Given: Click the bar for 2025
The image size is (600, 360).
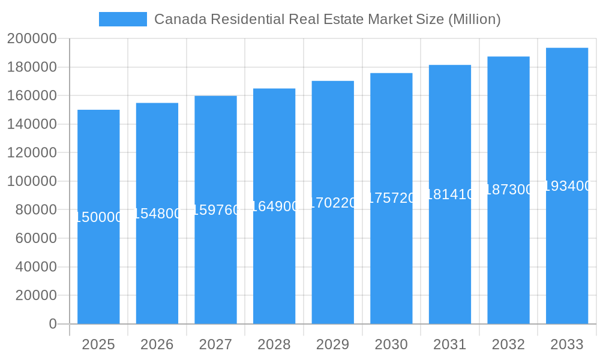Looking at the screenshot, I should click(x=98, y=270).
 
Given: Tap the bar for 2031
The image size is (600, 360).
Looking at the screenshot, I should click(x=450, y=252).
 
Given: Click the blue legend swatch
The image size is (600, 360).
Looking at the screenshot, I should click(x=123, y=19).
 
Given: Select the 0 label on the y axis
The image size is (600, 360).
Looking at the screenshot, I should click(x=52, y=324).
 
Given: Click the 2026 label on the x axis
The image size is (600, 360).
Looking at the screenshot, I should click(x=157, y=344).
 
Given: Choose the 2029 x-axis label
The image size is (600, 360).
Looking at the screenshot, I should click(x=332, y=344).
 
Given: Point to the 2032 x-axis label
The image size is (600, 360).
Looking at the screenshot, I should click(x=508, y=344).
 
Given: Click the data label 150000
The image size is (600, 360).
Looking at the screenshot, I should click(x=98, y=217).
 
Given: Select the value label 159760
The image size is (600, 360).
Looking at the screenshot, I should click(x=216, y=210).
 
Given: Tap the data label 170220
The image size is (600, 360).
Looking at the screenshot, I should click(x=333, y=203).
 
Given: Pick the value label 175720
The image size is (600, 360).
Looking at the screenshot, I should click(x=391, y=198).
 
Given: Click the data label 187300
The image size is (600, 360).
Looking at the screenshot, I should click(x=508, y=190).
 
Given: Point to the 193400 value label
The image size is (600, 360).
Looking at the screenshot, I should click(x=567, y=186).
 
